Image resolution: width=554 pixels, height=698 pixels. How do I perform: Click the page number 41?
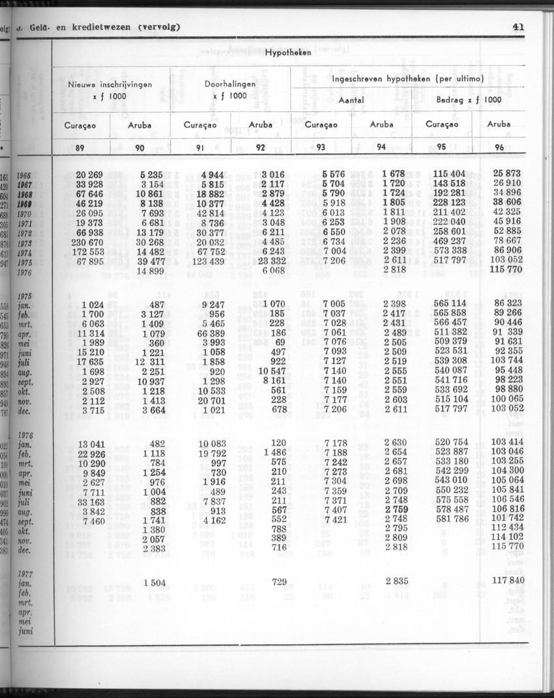coord(519,27)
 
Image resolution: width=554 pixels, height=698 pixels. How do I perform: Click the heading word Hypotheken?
coord(287,53)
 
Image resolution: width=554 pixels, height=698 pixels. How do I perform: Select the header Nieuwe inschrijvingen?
coord(109,85)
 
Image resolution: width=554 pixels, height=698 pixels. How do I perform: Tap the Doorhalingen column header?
coord(230,85)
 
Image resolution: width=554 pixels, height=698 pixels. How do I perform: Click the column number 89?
coord(80,148)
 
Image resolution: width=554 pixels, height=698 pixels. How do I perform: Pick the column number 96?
coord(500,148)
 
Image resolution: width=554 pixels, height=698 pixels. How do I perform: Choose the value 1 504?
coord(154,581)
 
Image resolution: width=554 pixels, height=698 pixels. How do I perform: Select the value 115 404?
coord(450,174)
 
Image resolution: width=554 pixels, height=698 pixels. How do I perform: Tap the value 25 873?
coord(508,174)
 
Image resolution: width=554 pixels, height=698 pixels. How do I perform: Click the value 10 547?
coord(272,370)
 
